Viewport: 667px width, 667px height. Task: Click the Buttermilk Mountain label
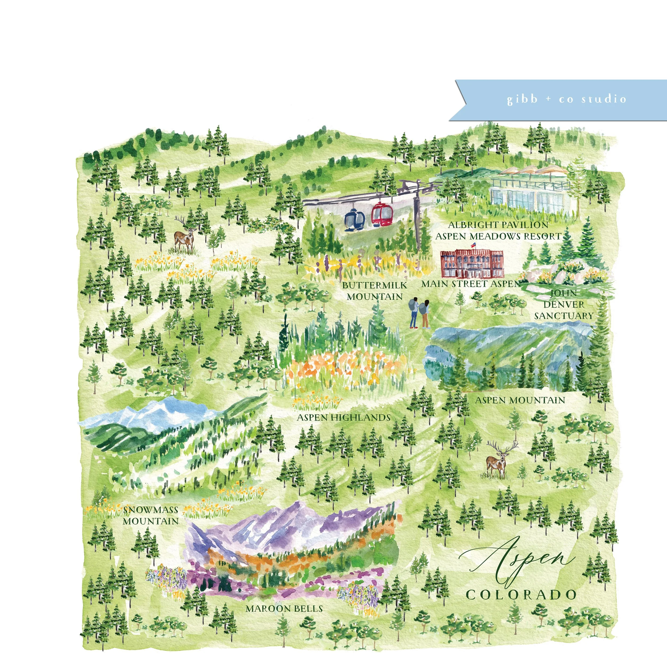click(375, 291)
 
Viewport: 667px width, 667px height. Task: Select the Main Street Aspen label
click(471, 284)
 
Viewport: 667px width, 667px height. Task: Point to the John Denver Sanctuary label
click(563, 304)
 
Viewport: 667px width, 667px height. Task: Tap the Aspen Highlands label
click(344, 417)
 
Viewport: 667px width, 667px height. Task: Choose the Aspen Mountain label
click(520, 400)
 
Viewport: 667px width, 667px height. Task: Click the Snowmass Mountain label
click(150, 515)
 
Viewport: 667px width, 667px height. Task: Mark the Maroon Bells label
click(284, 608)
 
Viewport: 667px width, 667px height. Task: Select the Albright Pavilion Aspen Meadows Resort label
click(498, 231)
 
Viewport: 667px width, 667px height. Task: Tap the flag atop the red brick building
click(473, 244)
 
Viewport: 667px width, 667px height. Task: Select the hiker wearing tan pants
click(426, 314)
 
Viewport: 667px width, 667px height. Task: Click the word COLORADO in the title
click(521, 594)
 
